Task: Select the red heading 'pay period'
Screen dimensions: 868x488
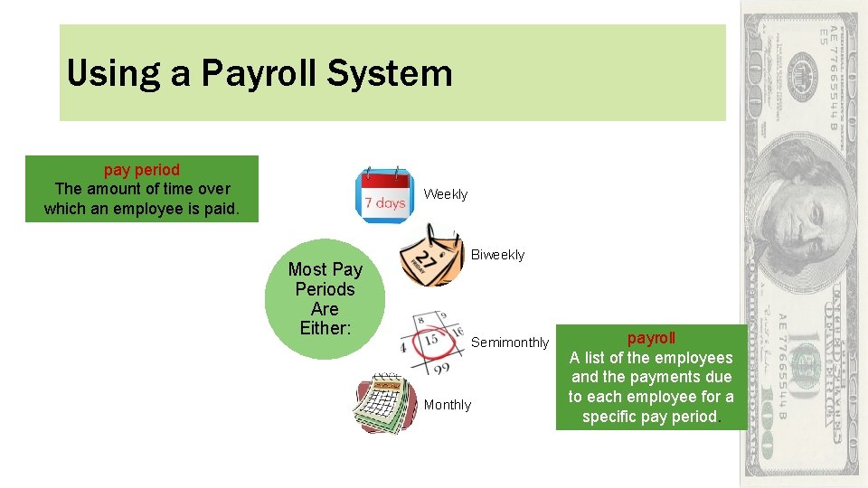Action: coord(142,169)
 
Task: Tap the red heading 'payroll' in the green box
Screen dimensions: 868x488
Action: coord(651,338)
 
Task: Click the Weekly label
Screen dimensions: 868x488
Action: coord(446,194)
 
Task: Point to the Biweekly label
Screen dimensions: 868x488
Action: coord(497,255)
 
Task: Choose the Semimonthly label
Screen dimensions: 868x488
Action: coord(510,343)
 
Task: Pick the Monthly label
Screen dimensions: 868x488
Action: coord(448,405)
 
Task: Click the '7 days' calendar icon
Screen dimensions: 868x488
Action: coord(383,194)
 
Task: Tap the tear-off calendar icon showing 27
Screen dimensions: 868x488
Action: coord(431,258)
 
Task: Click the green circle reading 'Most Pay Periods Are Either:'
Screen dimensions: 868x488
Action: coord(325,299)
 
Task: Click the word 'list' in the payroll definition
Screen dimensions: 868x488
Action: coord(594,358)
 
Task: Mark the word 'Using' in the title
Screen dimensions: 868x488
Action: coord(100,73)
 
